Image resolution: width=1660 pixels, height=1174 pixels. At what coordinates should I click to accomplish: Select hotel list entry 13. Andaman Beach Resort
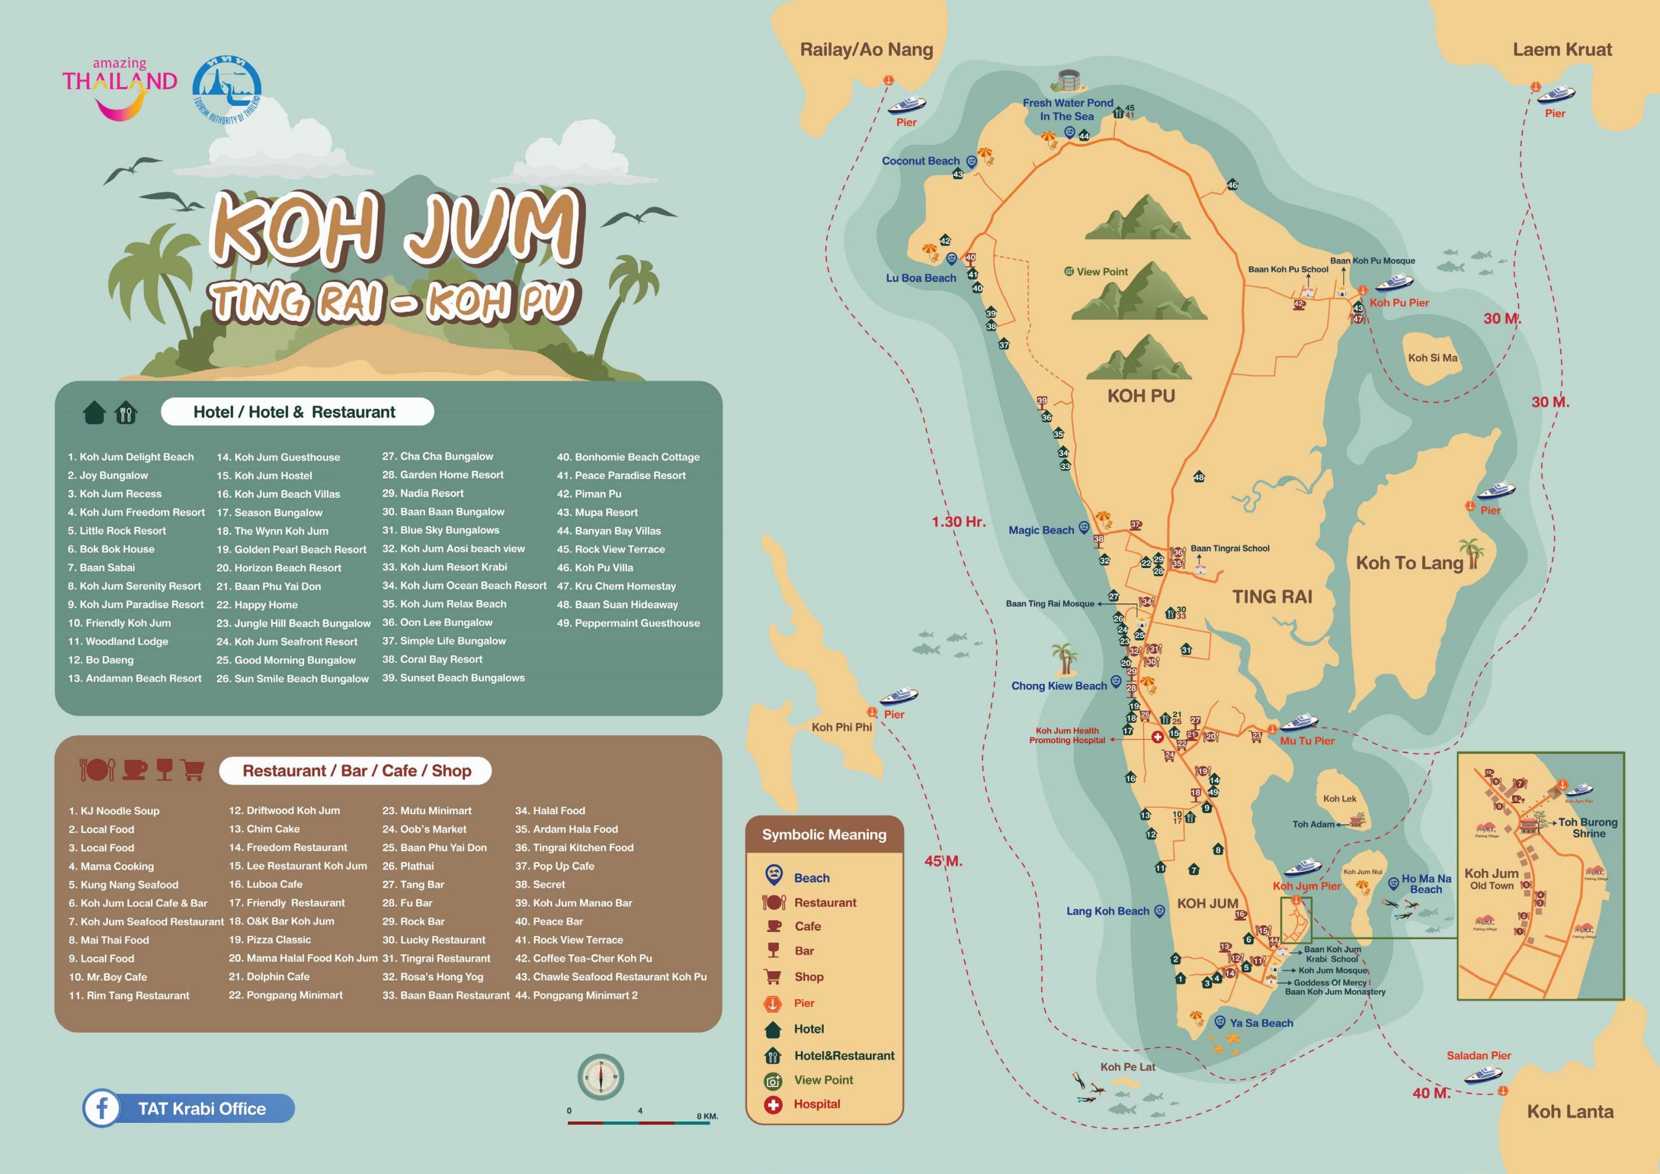pyautogui.click(x=135, y=678)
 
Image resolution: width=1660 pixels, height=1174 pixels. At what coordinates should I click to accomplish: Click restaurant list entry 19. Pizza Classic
pyautogui.click(x=270, y=940)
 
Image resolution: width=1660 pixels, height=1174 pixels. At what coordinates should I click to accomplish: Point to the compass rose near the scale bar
pyautogui.click(x=600, y=1076)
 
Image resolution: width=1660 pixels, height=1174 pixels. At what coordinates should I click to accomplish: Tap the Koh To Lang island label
pyautogui.click(x=1409, y=563)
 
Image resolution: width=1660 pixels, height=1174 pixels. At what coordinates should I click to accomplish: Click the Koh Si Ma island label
pyautogui.click(x=1432, y=358)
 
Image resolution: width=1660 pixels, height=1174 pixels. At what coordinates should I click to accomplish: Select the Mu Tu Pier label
pyautogui.click(x=1307, y=741)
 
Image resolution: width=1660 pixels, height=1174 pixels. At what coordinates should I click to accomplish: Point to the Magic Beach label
pyautogui.click(x=1041, y=530)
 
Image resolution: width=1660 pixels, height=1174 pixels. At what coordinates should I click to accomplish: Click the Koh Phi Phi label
pyautogui.click(x=842, y=727)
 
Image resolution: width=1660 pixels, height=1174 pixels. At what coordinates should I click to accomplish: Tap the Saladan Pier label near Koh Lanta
pyautogui.click(x=1478, y=1055)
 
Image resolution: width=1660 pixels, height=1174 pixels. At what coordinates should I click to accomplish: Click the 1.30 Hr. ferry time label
pyautogui.click(x=958, y=522)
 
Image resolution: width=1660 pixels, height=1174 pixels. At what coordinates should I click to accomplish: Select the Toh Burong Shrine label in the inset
pyautogui.click(x=1588, y=828)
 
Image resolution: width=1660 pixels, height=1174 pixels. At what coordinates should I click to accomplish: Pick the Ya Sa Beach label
pyautogui.click(x=1261, y=1023)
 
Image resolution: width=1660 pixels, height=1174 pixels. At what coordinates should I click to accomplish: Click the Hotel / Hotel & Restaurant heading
pyautogui.click(x=294, y=412)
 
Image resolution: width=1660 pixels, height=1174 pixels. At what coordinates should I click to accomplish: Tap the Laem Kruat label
pyautogui.click(x=1562, y=50)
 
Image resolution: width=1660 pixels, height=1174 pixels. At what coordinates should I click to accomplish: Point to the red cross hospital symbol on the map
pyautogui.click(x=1157, y=737)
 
